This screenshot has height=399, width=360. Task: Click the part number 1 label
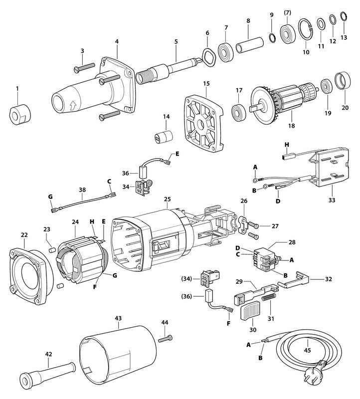[x=17, y=89]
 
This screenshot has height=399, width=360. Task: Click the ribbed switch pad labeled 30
[x=250, y=313]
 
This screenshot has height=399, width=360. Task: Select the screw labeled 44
[x=166, y=339]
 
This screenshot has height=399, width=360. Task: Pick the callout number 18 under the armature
[x=292, y=127]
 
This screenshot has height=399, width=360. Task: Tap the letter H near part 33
[x=286, y=145]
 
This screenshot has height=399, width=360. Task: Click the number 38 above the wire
[x=82, y=190]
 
